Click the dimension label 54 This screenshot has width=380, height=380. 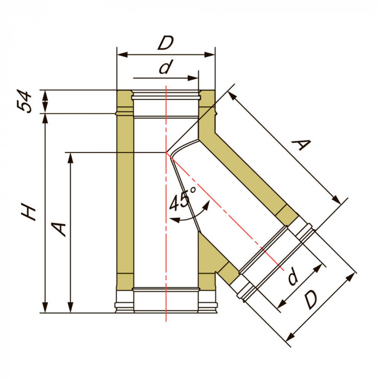pos(24,102)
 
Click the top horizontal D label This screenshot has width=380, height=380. pos(166,43)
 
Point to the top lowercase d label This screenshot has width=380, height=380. pos(166,67)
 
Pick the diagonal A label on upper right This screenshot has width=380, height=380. pos(301,145)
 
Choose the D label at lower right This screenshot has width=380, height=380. pos(311,300)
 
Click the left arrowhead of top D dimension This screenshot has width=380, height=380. pos(122,55)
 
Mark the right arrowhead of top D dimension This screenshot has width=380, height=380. pos(210,55)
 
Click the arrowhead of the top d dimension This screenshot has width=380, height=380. pos(193,78)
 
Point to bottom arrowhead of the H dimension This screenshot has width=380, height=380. pos(45,308)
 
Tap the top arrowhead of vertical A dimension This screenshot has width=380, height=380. pos(71,158)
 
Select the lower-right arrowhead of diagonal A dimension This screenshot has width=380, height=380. pos(337,199)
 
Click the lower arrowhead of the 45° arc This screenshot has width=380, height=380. pos(175,220)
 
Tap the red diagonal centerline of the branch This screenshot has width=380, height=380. pos(225,211)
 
